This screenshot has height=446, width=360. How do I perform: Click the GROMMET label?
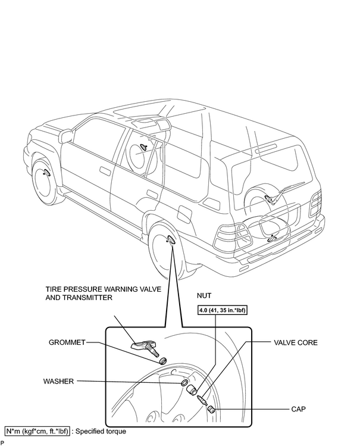[67, 342]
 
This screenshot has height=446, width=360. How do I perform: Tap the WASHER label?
[58, 381]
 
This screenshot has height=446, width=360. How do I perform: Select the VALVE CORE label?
[296, 342]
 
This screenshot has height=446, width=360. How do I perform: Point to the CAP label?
[298, 409]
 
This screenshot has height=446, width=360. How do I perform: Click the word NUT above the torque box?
[204, 296]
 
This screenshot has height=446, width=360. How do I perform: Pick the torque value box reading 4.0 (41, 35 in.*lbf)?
[222, 310]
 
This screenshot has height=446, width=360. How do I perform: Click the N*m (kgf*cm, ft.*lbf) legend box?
[37, 432]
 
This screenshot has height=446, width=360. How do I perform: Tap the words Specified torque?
[101, 432]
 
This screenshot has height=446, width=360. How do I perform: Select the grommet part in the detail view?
[162, 360]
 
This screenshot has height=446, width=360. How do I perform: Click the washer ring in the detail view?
[184, 382]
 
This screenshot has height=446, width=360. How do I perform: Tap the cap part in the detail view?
[211, 410]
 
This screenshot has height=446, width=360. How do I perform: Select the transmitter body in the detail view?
[140, 345]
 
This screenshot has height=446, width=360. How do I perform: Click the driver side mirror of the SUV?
[65, 135]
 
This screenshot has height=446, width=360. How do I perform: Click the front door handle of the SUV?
[106, 170]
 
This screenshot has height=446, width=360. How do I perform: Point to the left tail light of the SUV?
[233, 238]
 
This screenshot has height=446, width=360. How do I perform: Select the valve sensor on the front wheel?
[46, 172]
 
